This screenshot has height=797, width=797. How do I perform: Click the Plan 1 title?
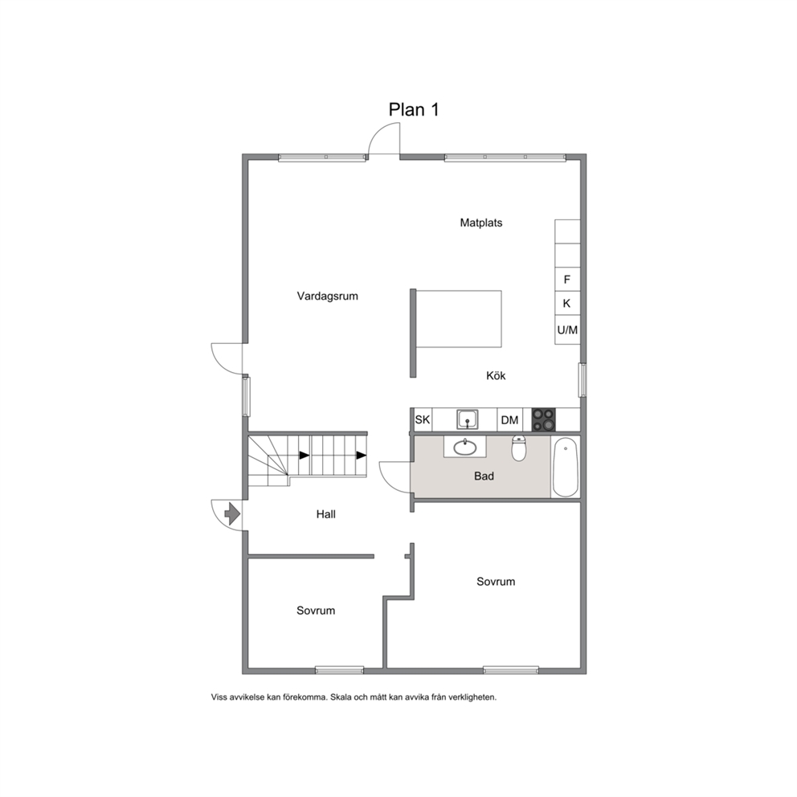413,109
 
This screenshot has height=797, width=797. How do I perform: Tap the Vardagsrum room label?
327,296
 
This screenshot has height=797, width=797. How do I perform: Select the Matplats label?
480,223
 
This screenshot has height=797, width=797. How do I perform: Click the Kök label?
496,376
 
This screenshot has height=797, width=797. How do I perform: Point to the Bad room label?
484,476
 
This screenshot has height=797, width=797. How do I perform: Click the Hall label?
326,514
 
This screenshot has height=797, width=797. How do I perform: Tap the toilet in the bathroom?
518,448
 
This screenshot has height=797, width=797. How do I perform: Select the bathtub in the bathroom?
566,467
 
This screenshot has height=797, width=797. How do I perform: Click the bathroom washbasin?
465,447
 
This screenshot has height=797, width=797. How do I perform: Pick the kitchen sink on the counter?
467,419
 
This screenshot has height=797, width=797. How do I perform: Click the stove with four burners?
543,420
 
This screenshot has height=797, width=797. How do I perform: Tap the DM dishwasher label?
509,420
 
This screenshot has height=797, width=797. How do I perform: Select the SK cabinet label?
423,420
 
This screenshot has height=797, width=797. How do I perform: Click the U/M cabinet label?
567,330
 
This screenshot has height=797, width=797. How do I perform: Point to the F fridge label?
566,280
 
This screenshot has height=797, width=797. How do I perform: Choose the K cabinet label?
566,304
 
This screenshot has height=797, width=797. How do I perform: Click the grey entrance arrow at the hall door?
232,514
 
